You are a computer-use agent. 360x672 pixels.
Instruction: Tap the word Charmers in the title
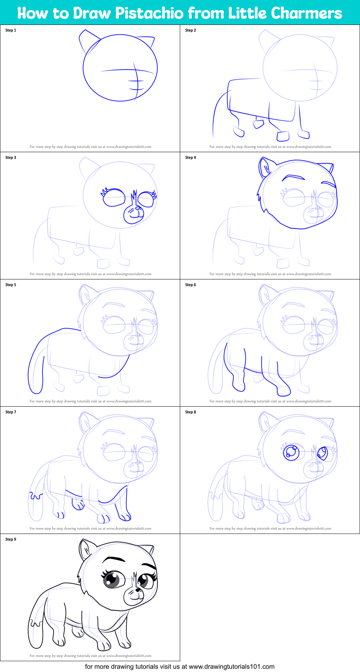click(x=306, y=13)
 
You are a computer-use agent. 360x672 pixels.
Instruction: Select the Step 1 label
click(x=11, y=30)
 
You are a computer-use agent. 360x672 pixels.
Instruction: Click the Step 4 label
click(x=191, y=158)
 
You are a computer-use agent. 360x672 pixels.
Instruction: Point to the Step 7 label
click(x=11, y=412)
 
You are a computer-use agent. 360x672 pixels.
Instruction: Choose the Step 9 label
click(x=11, y=539)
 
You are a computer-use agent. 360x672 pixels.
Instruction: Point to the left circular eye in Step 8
click(x=291, y=453)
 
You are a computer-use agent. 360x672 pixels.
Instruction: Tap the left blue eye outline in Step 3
click(x=114, y=198)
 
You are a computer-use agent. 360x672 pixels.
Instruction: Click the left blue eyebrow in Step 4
click(x=293, y=177)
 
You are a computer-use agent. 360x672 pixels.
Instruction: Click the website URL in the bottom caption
click(x=231, y=667)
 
